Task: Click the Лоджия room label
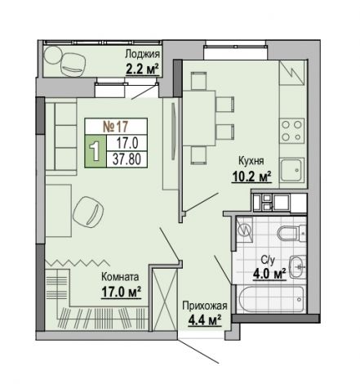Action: pyautogui.click(x=142, y=55)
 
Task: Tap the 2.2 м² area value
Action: pyautogui.click(x=142, y=69)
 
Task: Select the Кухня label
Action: pyautogui.click(x=251, y=161)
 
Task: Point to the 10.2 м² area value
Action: pyautogui.click(x=251, y=176)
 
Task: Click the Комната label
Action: pyautogui.click(x=120, y=277)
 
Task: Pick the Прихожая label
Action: pyautogui.click(x=205, y=306)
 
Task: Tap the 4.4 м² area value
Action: pyautogui.click(x=205, y=319)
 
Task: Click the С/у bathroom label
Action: pyautogui.click(x=268, y=261)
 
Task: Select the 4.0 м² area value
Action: pyautogui.click(x=269, y=274)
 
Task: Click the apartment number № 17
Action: pyautogui.click(x=116, y=126)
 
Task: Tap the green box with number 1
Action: pyautogui.click(x=96, y=151)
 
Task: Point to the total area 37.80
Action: pyautogui.click(x=127, y=159)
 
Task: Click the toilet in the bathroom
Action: pyautogui.click(x=291, y=233)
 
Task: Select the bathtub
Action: pyautogui.click(x=271, y=300)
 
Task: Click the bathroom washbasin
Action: pyautogui.click(x=298, y=266)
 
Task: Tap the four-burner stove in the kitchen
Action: pyautogui.click(x=292, y=131)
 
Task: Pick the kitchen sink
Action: pyautogui.click(x=292, y=171)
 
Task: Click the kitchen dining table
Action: pyautogui.click(x=199, y=118)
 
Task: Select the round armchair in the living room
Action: pyautogui.click(x=88, y=212)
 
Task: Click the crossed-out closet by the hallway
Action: pyautogui.click(x=164, y=299)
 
